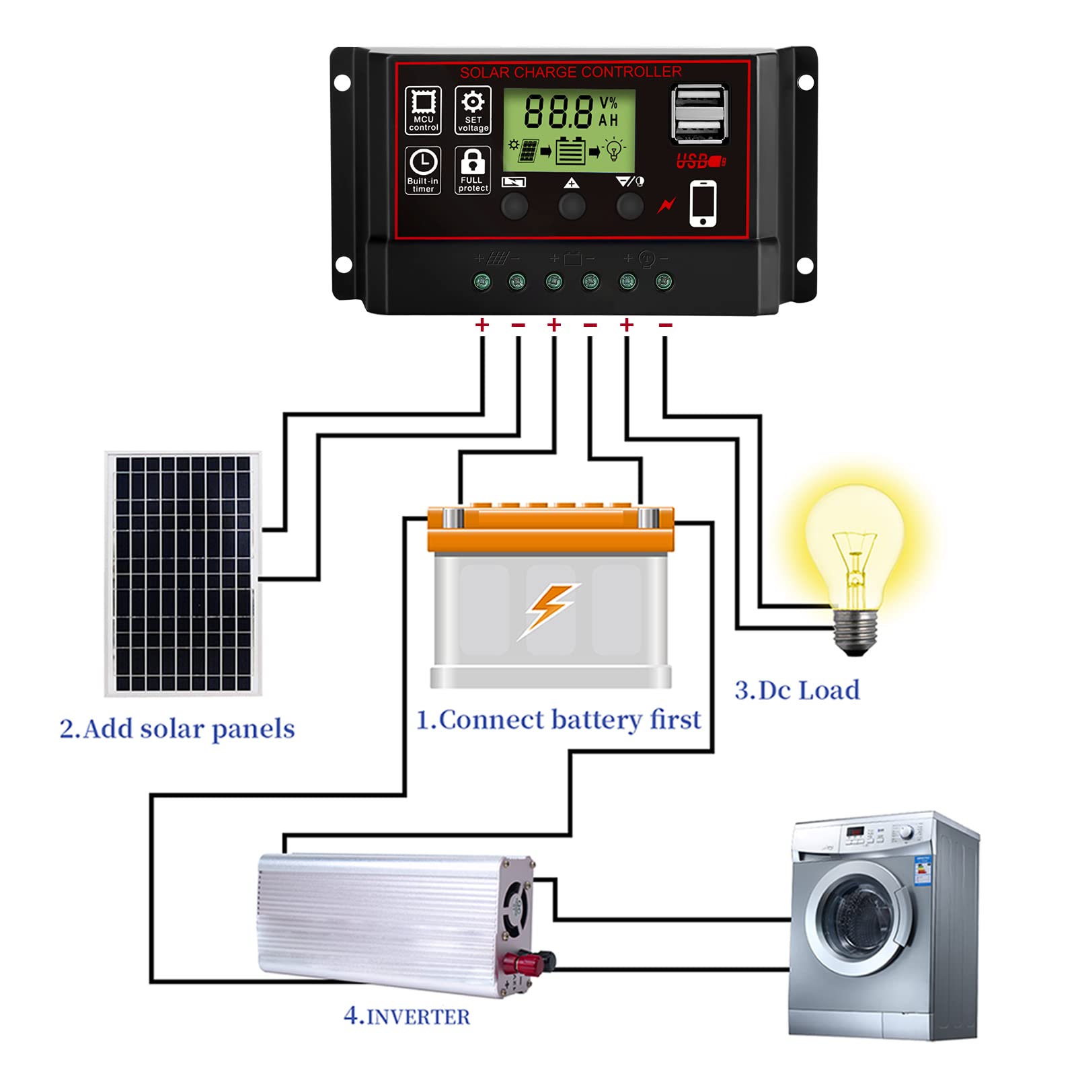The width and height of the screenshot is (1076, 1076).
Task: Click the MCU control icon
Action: (x=423, y=110)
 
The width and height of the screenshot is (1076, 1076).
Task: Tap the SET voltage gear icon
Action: (x=473, y=110)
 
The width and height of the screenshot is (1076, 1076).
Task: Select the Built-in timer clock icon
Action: (x=423, y=170)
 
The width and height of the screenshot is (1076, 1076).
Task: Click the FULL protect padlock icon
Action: (x=473, y=170)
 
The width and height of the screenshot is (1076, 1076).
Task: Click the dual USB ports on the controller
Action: (x=700, y=114)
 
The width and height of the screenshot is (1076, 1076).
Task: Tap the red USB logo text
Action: (x=700, y=161)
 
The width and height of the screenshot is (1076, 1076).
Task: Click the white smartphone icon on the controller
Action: (x=703, y=204)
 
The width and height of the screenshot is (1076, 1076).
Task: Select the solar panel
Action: (x=183, y=574)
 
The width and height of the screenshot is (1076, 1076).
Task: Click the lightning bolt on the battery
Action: (x=549, y=609)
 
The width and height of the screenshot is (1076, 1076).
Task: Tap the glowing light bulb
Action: (x=854, y=545)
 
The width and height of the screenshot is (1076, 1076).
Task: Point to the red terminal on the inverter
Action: (x=525, y=963)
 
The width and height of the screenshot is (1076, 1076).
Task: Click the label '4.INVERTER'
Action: (x=407, y=1015)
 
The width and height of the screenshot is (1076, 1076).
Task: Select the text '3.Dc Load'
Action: (x=797, y=691)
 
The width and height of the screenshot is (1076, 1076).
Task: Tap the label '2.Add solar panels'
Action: (x=177, y=729)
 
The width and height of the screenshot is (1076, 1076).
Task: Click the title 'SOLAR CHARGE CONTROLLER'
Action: (x=570, y=72)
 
